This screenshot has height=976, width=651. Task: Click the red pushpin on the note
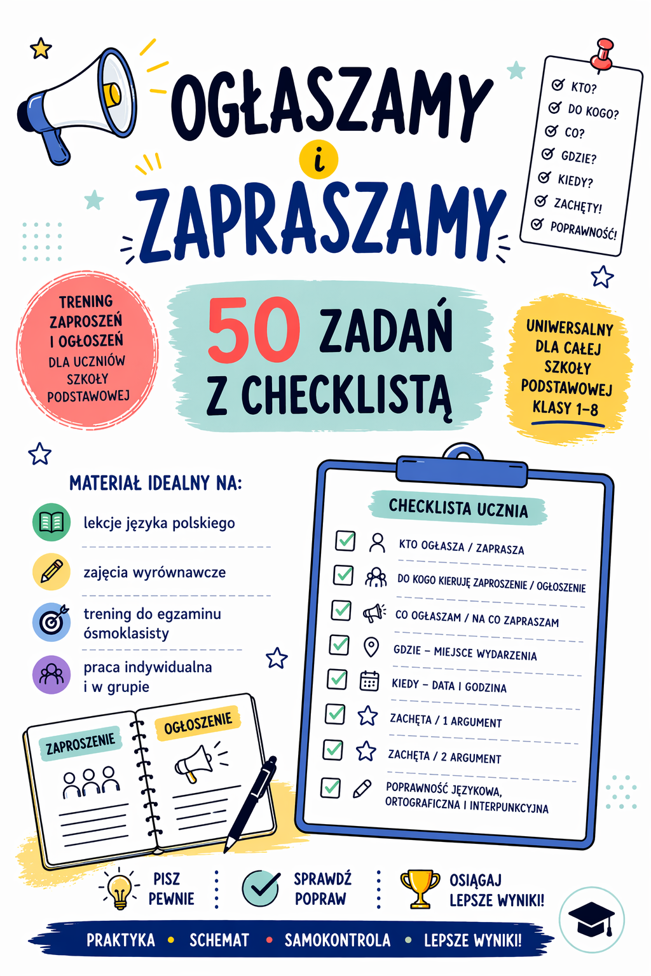click(602, 53)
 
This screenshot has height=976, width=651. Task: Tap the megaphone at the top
click(79, 102)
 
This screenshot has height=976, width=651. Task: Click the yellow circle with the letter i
click(319, 159)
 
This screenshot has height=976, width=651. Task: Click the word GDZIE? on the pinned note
click(579, 156)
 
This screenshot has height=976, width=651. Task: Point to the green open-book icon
click(51, 522)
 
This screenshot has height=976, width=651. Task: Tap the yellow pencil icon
click(51, 571)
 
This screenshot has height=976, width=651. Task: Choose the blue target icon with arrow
click(51, 622)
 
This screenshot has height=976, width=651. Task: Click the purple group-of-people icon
click(51, 674)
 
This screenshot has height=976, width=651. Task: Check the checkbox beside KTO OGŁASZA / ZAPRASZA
click(345, 541)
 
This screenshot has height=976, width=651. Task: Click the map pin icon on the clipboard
click(371, 647)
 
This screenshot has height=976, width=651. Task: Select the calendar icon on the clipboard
click(369, 681)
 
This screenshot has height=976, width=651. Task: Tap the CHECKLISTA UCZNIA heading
click(458, 508)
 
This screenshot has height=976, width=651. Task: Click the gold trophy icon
click(420, 888)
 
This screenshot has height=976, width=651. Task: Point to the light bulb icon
click(120, 889)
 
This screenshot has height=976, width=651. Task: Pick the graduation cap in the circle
click(591, 919)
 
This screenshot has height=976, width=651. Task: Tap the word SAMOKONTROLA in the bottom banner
click(337, 940)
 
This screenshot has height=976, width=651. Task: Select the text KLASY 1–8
click(565, 408)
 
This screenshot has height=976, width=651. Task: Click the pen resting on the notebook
click(252, 802)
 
